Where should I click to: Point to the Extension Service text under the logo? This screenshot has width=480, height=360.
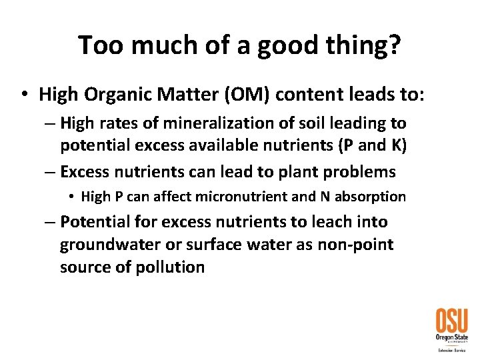(x=451, y=349)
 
